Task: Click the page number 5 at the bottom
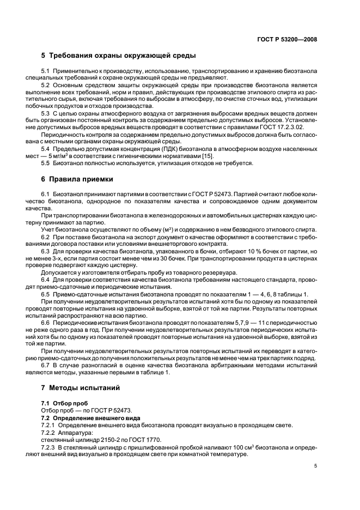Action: (x=315, y=466)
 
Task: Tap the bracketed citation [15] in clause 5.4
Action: (x=208, y=156)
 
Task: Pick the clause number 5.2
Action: (x=46, y=86)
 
